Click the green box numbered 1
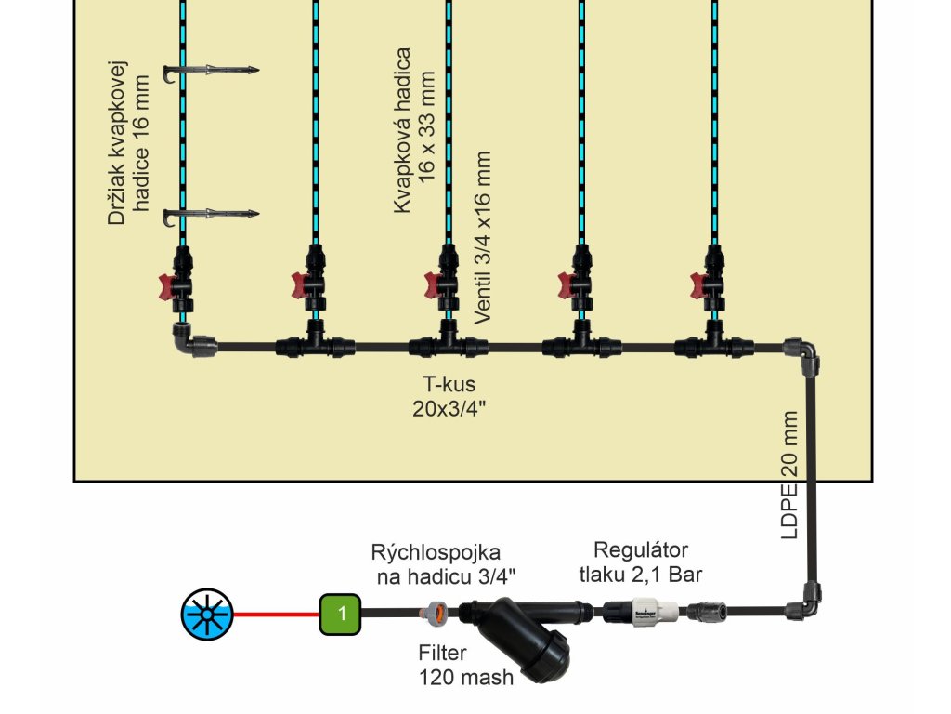pyautogui.click(x=341, y=614)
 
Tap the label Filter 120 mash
pyautogui.click(x=465, y=666)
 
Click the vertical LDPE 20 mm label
pyautogui.click(x=788, y=476)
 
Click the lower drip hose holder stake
pyautogui.click(x=210, y=216)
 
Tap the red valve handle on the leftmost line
pyautogui.click(x=167, y=284)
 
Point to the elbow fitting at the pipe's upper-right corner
pyautogui.click(x=802, y=352)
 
